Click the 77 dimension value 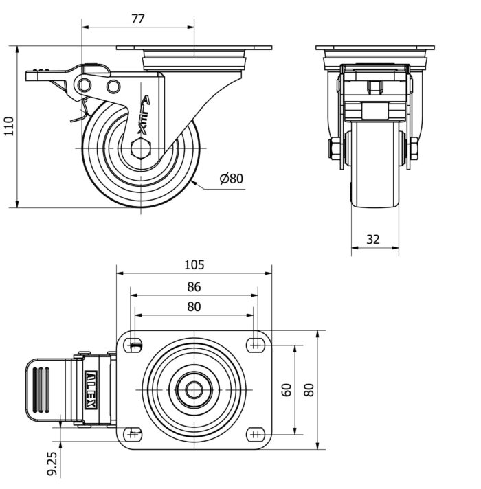pos(137,19)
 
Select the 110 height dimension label pos(8,126)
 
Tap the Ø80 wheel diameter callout pos(232,179)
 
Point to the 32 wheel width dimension pos(373,239)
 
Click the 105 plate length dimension pos(194,265)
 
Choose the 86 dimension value pos(194,286)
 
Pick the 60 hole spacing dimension pos(287,389)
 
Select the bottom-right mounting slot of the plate pos(256,435)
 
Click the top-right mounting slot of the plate pos(256,344)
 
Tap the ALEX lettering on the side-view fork pos(143,114)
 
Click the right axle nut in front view pos(414,148)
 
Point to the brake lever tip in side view pos(32,75)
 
